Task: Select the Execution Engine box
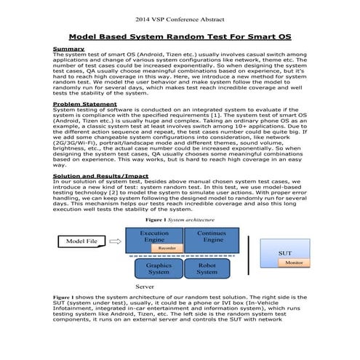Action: pos(154,238)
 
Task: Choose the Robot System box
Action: pos(207,270)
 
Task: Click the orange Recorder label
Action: pos(167,248)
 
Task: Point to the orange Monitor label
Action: pos(294,263)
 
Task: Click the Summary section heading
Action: pos(68,49)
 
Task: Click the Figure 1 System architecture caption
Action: pos(180,219)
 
